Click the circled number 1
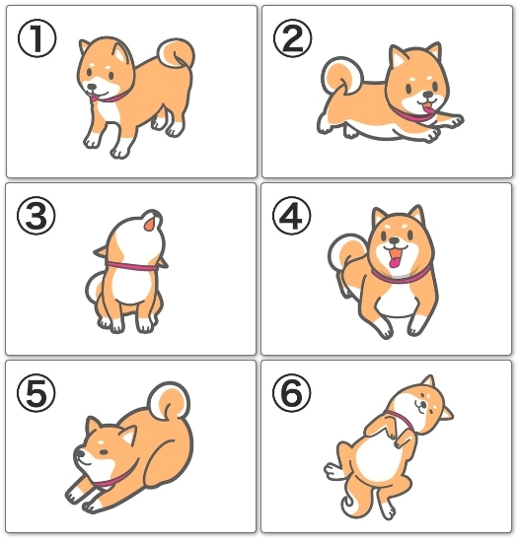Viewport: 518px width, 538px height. pos(37,38)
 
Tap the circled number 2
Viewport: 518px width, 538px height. pos(293,38)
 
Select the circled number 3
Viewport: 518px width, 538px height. pos(37,216)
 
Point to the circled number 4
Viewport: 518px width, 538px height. pos(292,216)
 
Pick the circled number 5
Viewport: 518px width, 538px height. pos(37,393)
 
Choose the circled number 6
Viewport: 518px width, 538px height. pos(292,393)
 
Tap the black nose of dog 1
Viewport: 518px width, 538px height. pos(92,87)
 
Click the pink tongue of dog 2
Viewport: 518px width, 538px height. pos(428,108)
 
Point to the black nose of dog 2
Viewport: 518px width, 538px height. pos(427,94)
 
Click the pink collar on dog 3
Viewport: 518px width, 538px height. pos(131,266)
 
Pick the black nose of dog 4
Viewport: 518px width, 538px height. pos(395,240)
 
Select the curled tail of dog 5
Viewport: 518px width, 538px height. pos(169,401)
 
